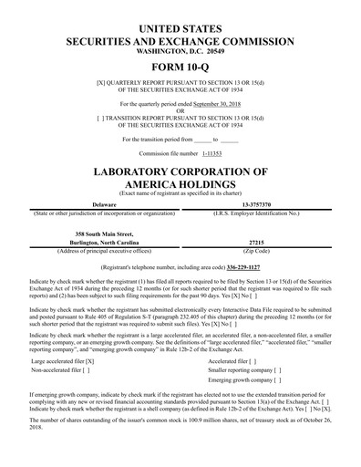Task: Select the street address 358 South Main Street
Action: tap(96, 233)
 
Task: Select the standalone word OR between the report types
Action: tap(180, 113)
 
